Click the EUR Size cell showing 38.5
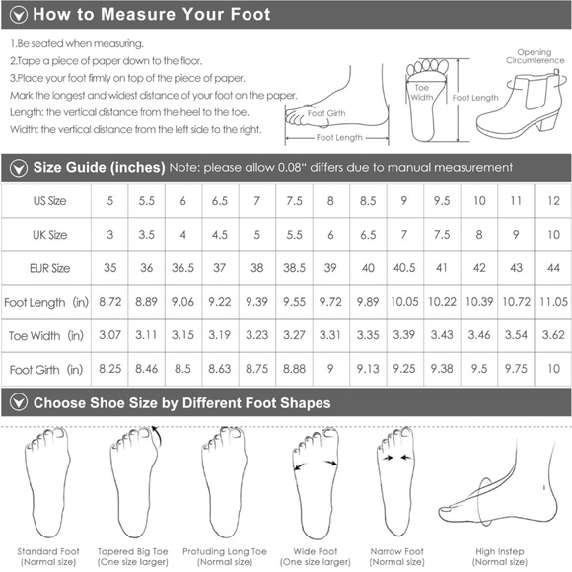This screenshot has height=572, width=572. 295,268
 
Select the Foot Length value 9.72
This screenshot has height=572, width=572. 330,302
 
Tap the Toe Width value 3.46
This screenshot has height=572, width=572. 479,335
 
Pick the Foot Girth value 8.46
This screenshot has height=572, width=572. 146,369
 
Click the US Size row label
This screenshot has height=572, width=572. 50,201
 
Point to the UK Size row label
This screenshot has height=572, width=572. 50,235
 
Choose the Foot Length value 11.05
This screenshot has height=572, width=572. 553,302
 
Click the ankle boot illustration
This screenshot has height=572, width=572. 520,104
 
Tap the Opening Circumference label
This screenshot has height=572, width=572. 535,56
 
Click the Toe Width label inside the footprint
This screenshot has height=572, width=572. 422,93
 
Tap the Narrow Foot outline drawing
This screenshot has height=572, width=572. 395,481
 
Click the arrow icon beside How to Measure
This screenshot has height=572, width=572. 19,15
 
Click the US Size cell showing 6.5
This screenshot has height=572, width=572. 220,201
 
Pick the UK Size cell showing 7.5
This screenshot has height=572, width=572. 442,235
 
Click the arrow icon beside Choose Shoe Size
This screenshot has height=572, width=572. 19,402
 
